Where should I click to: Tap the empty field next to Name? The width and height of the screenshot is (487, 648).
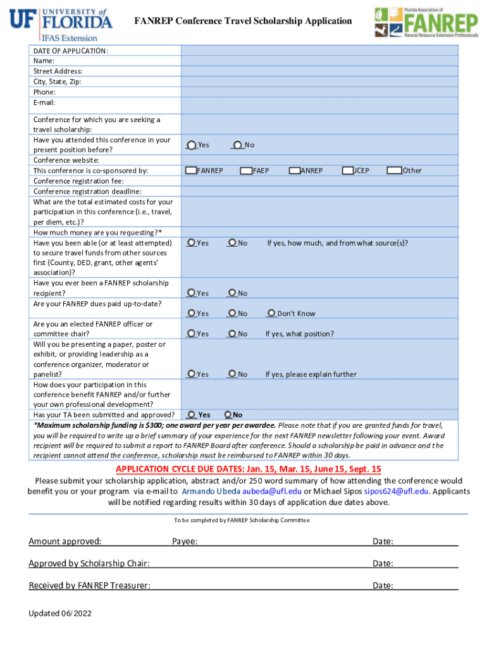point(319,61)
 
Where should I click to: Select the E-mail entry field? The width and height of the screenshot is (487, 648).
point(319,102)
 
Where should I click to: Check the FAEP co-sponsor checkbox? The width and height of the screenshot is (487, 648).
point(247,170)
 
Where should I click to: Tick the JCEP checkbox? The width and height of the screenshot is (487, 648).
point(348,170)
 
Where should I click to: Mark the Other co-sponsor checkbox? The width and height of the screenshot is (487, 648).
point(395,170)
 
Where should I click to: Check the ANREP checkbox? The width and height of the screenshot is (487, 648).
point(295,170)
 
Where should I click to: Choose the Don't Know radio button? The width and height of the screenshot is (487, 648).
point(271,313)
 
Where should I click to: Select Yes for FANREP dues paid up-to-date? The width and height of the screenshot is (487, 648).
point(191,313)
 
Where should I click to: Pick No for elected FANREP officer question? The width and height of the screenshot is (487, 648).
point(233,333)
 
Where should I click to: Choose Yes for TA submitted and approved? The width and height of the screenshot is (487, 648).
point(192,414)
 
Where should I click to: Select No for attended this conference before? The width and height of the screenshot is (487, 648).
point(237,145)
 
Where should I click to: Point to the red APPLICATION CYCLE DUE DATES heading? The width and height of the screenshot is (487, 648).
point(249,469)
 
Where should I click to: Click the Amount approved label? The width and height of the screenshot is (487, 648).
point(65,541)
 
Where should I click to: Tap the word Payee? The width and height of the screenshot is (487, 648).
point(185,541)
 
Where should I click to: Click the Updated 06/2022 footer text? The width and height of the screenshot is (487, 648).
point(61,613)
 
